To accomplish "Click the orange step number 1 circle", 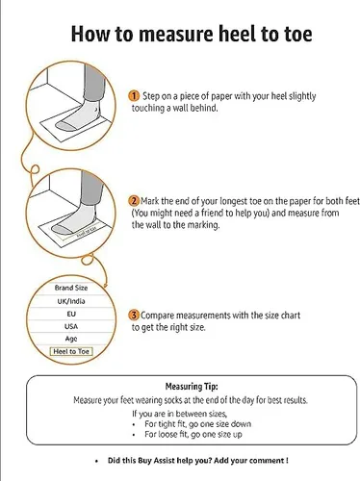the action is (134, 96).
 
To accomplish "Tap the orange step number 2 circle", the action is (134, 201).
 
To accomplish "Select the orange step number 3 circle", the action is (134, 316).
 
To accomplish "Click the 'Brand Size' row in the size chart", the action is (71, 288).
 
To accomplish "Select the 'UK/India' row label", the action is (71, 301).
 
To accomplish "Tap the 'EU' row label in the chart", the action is (71, 314).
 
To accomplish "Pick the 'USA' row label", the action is (71, 326).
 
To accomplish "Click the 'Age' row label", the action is (71, 339).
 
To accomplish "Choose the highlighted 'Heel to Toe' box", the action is (71, 351).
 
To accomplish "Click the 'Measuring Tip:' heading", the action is (192, 387).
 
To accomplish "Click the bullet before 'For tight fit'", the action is (134, 424).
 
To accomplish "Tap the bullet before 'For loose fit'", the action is (134, 435).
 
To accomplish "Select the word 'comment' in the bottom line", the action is (266, 461).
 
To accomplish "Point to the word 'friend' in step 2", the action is (212, 213).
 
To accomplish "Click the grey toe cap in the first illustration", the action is (64, 125).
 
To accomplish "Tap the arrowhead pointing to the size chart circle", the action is (105, 285).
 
